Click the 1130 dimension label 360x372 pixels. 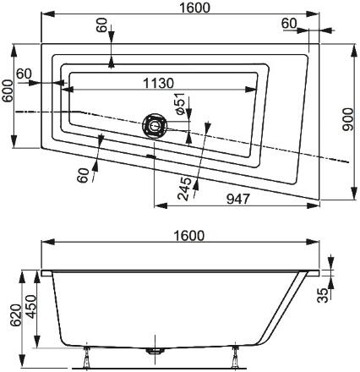(x=158, y=83)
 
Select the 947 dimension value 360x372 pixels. (x=238, y=199)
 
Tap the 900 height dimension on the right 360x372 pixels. (x=347, y=119)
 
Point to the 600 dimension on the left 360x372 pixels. (x=8, y=90)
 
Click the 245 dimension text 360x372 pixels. (x=184, y=189)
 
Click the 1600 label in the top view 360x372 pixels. (x=194, y=8)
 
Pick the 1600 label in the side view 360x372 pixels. (x=188, y=235)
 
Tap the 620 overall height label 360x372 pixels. (x=15, y=315)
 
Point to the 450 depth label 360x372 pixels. (x=30, y=307)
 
